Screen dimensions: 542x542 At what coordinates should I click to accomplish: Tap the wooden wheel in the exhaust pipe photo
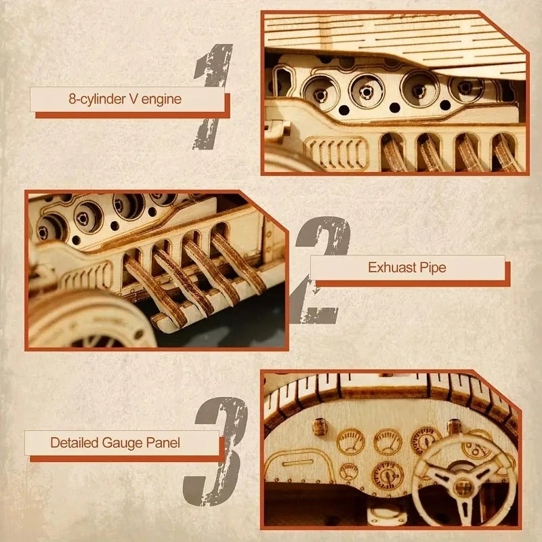tap(81, 322)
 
